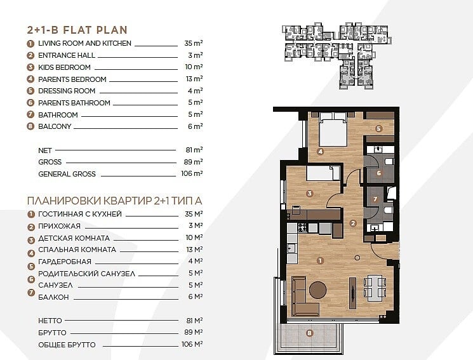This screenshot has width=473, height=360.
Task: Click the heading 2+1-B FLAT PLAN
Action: coord(77,30)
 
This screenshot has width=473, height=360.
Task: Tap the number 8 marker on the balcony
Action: coord(309,333)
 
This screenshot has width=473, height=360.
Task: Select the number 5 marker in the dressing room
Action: coord(378,129)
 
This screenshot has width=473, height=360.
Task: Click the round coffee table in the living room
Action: coord(317,290)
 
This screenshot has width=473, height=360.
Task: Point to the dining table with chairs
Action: coord(375,288)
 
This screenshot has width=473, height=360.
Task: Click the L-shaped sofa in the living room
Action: coord(303,297)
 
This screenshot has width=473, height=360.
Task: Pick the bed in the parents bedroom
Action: coord(333,130)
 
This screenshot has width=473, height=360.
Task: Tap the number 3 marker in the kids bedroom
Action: coord(309,194)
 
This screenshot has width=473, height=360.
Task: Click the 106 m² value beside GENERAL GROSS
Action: coord(192,173)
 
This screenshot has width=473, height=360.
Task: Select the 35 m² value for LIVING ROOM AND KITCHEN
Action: coord(194,43)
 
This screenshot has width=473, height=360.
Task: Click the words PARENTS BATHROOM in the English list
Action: coord(74,103)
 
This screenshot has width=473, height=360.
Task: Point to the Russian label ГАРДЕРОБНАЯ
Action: coord(65,262)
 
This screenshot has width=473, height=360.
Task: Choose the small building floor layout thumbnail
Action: coord(337,56)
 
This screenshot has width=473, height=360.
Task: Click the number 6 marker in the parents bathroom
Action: coord(378,173)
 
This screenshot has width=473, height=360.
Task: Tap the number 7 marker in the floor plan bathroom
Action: coord(375,199)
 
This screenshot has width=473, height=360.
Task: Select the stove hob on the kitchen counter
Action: coord(302,227)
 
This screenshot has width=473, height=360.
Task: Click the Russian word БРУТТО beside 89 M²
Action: coord(52,333)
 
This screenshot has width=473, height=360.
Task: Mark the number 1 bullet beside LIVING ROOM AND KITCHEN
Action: coord(30,44)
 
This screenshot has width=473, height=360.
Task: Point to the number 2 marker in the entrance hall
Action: coord(352,223)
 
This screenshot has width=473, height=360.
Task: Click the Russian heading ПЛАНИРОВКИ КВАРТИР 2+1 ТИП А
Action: coord(115,201)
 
